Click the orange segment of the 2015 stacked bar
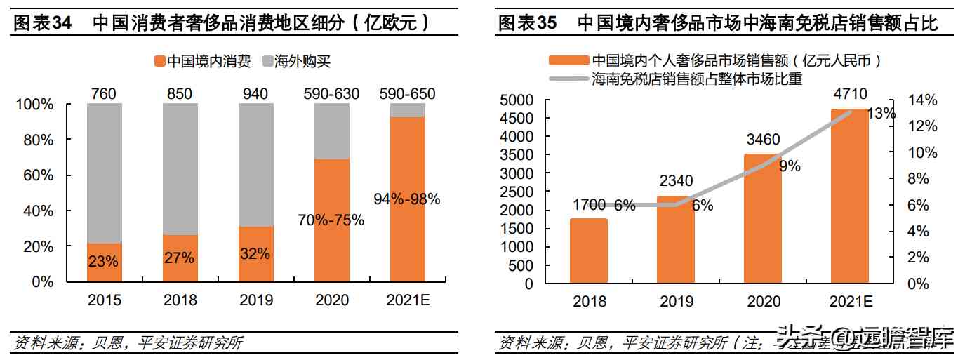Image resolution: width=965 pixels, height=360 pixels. click(x=105, y=263)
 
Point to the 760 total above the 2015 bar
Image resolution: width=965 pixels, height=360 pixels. click(x=104, y=93)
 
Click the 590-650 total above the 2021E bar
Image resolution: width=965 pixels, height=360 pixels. click(x=407, y=93)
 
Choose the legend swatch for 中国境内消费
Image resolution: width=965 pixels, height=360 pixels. click(x=158, y=62)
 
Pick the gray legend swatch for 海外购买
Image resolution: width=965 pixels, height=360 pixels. click(x=267, y=62)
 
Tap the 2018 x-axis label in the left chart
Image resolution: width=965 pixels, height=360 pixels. click(x=180, y=300)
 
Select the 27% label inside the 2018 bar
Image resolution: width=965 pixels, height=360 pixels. click(x=180, y=258)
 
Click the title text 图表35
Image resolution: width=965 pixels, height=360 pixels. click(x=527, y=23)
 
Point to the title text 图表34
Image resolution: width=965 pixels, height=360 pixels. click(x=43, y=23)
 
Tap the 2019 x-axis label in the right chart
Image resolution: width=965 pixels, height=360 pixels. click(x=677, y=302)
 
